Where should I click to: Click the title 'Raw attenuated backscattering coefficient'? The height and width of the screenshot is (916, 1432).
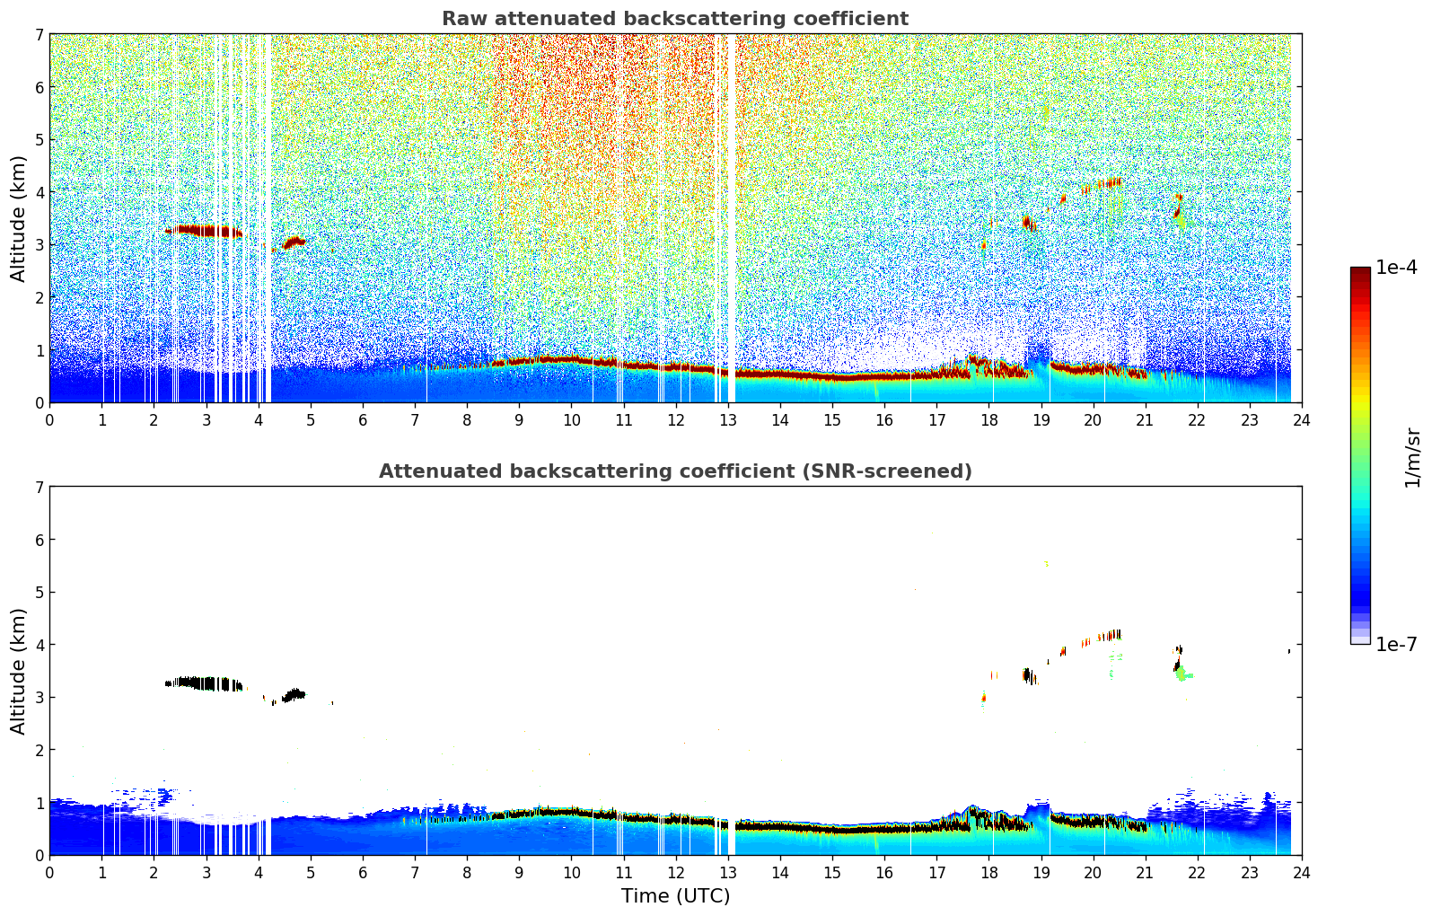[674, 19]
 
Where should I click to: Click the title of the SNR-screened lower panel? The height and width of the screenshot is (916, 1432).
[674, 471]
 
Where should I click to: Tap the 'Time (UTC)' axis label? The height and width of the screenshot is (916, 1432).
[675, 895]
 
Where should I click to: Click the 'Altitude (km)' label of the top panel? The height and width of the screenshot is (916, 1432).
[18, 218]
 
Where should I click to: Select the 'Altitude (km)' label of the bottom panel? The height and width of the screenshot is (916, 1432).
[18, 671]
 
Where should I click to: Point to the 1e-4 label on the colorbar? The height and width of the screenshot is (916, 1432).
[1396, 268]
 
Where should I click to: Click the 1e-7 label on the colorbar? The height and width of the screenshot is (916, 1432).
[1396, 644]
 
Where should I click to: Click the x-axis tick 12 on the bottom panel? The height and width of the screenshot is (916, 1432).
[675, 872]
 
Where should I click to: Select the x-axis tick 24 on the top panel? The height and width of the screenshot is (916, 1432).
[1301, 419]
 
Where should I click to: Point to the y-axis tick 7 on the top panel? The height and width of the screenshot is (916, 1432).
[40, 34]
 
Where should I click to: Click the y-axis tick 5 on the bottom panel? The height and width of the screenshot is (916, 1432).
[40, 592]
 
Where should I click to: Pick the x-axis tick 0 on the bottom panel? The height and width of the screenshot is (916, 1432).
[49, 872]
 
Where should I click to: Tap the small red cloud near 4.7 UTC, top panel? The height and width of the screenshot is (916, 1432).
[294, 242]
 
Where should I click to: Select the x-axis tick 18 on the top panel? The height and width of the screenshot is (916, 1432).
[988, 419]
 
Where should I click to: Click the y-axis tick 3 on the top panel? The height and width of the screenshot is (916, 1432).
[40, 244]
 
